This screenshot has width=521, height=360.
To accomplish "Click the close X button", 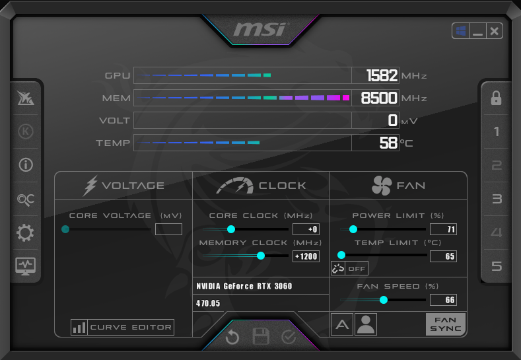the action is pos(494,31).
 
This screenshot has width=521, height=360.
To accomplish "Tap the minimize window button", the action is pos(477,31).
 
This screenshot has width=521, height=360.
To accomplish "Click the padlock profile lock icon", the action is pos(496,98).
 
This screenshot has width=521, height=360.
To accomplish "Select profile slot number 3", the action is pos(497,199).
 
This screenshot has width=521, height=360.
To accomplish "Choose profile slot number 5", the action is pos(497,266).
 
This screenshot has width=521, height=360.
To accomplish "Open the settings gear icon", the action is pos(25,233).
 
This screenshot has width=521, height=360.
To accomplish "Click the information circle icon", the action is pos(26,165).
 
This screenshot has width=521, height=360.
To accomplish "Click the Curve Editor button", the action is pos(122,327).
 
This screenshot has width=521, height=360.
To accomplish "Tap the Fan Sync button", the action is pos(446,324).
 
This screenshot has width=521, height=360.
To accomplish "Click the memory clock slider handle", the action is pos(261,255).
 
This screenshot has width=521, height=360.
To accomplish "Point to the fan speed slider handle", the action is pos(384,300).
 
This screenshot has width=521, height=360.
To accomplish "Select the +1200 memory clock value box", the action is pos(306,256).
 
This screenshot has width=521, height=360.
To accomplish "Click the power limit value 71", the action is pos(443,229).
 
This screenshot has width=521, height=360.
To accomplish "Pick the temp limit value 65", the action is pos(443,256).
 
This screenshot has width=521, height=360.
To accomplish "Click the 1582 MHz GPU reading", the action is pos(382,75).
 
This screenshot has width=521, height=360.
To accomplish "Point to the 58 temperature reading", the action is pos(388,143).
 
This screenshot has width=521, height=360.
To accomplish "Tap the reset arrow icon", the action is pos(232,338).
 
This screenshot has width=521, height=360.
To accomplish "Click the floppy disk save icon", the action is pos(261,336).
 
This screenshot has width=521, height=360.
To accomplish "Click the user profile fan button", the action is pos(366,324).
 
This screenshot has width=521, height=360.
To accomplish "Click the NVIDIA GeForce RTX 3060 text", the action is pos(244,286).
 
